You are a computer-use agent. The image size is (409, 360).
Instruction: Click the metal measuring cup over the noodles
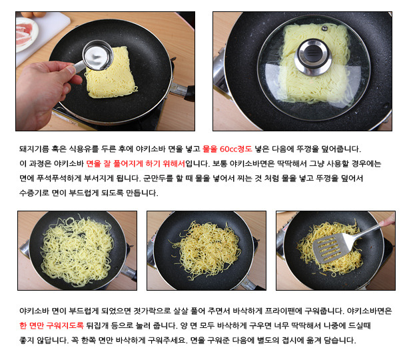click(x=98, y=55)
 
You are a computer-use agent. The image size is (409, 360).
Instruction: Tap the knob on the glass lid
click(x=313, y=57)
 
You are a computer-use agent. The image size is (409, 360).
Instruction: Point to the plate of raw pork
click(x=26, y=34)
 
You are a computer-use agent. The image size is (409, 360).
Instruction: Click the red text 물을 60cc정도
click(x=227, y=149)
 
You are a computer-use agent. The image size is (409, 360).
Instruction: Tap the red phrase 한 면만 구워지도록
click(x=51, y=325)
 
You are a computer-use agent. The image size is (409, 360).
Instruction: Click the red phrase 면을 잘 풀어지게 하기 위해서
click(x=135, y=164)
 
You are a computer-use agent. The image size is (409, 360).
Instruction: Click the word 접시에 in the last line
click(x=292, y=340)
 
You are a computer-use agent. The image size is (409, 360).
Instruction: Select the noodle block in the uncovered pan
click(x=111, y=73)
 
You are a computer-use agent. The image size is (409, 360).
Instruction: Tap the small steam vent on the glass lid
click(x=324, y=28)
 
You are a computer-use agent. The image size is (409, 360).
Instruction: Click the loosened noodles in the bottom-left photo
click(x=77, y=250)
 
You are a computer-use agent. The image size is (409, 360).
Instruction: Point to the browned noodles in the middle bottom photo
click(x=206, y=249)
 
